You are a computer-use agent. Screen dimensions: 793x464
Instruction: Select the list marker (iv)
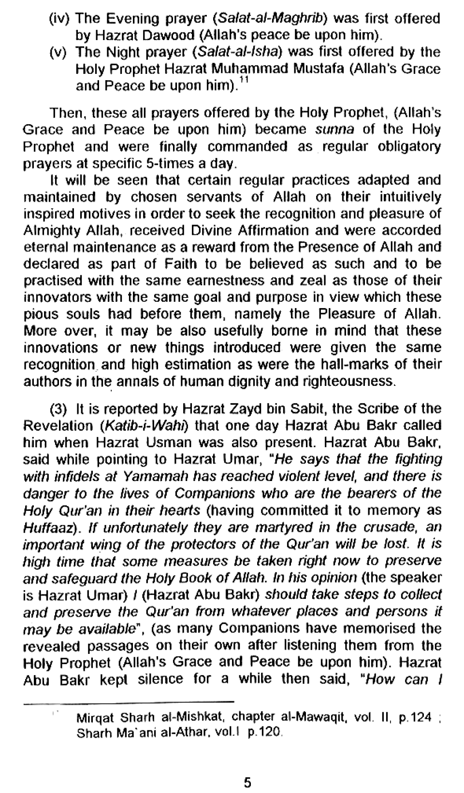[x=60, y=19]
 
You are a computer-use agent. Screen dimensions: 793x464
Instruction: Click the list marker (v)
[x=61, y=52]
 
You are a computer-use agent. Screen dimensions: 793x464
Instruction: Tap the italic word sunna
[x=334, y=129]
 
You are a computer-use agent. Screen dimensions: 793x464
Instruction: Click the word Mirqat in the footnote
[x=95, y=717]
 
